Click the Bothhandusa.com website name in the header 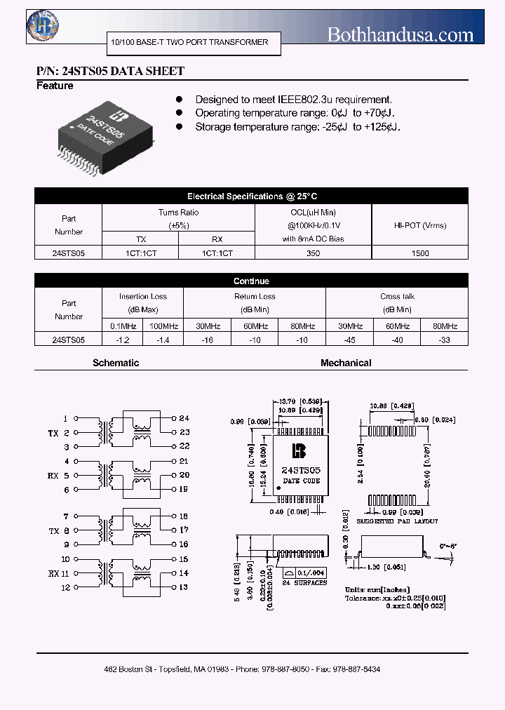(x=400, y=34)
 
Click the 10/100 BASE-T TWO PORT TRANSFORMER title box (x=189, y=43)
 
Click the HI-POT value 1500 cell (x=420, y=253)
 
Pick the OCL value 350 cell (x=313, y=253)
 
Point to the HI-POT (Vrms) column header (x=420, y=225)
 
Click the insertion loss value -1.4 (x=163, y=340)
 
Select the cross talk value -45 (x=349, y=340)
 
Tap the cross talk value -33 (x=445, y=340)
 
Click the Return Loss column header (x=255, y=303)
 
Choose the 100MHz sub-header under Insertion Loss (x=163, y=326)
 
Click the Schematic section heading (x=116, y=363)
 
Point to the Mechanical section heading (x=346, y=363)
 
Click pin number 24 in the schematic (x=184, y=418)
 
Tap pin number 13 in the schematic (x=184, y=587)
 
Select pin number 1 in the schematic (x=66, y=418)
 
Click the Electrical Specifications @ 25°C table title (x=252, y=197)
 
